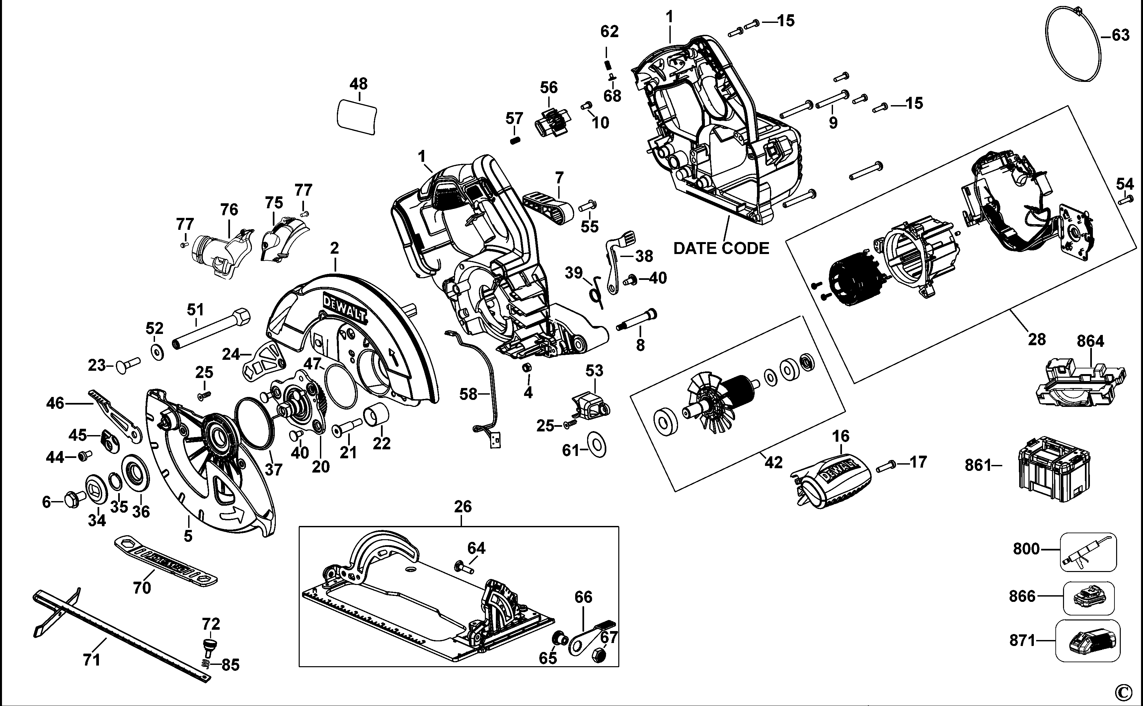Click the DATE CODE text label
(x=721, y=248)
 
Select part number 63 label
(x=1120, y=35)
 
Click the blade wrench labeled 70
(x=166, y=560)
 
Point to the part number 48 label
(x=358, y=84)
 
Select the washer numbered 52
(x=157, y=351)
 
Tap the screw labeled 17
(x=886, y=466)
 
